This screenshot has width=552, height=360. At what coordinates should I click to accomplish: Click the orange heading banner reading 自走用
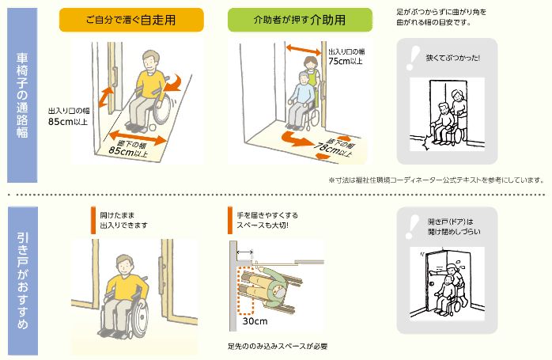(131, 20)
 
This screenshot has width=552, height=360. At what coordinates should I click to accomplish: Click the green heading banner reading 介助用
(300, 20)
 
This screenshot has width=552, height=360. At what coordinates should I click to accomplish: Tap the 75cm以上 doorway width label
(346, 61)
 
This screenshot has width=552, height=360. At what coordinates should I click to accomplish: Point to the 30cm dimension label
(255, 321)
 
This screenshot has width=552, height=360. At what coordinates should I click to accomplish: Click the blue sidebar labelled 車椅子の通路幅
(22, 95)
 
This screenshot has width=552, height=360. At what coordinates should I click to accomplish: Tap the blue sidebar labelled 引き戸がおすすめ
(22, 281)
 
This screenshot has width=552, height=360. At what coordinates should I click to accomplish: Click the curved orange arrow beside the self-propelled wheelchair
(173, 83)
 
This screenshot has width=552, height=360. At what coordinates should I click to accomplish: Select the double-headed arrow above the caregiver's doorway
(304, 50)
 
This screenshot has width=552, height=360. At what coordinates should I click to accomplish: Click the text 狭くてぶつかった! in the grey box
(452, 58)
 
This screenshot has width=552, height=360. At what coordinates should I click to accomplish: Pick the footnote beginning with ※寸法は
(437, 180)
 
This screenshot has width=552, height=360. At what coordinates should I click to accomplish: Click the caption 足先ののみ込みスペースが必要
(278, 347)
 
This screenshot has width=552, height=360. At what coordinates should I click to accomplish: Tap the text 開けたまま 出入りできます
(123, 220)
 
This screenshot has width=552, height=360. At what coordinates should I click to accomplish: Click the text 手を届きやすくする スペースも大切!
(267, 220)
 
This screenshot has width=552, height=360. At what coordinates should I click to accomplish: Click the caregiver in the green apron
(312, 75)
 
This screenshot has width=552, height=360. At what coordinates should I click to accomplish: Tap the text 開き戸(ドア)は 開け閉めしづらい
(454, 226)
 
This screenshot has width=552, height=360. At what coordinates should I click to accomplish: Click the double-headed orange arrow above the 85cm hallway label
(138, 138)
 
